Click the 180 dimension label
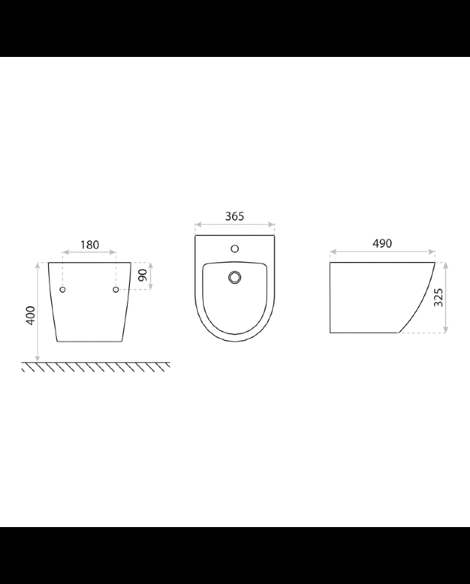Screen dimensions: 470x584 (x=90, y=245)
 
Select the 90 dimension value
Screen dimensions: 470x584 (x=142, y=275)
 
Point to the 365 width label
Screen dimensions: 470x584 (x=234, y=216)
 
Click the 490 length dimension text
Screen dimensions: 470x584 (x=382, y=243)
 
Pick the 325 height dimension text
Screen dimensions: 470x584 (x=439, y=297)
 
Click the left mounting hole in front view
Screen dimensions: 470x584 (x=63, y=289)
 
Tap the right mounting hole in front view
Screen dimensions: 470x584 (x=116, y=289)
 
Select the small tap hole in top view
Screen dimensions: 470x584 (x=234, y=248)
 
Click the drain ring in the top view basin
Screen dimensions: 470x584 (x=234, y=277)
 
